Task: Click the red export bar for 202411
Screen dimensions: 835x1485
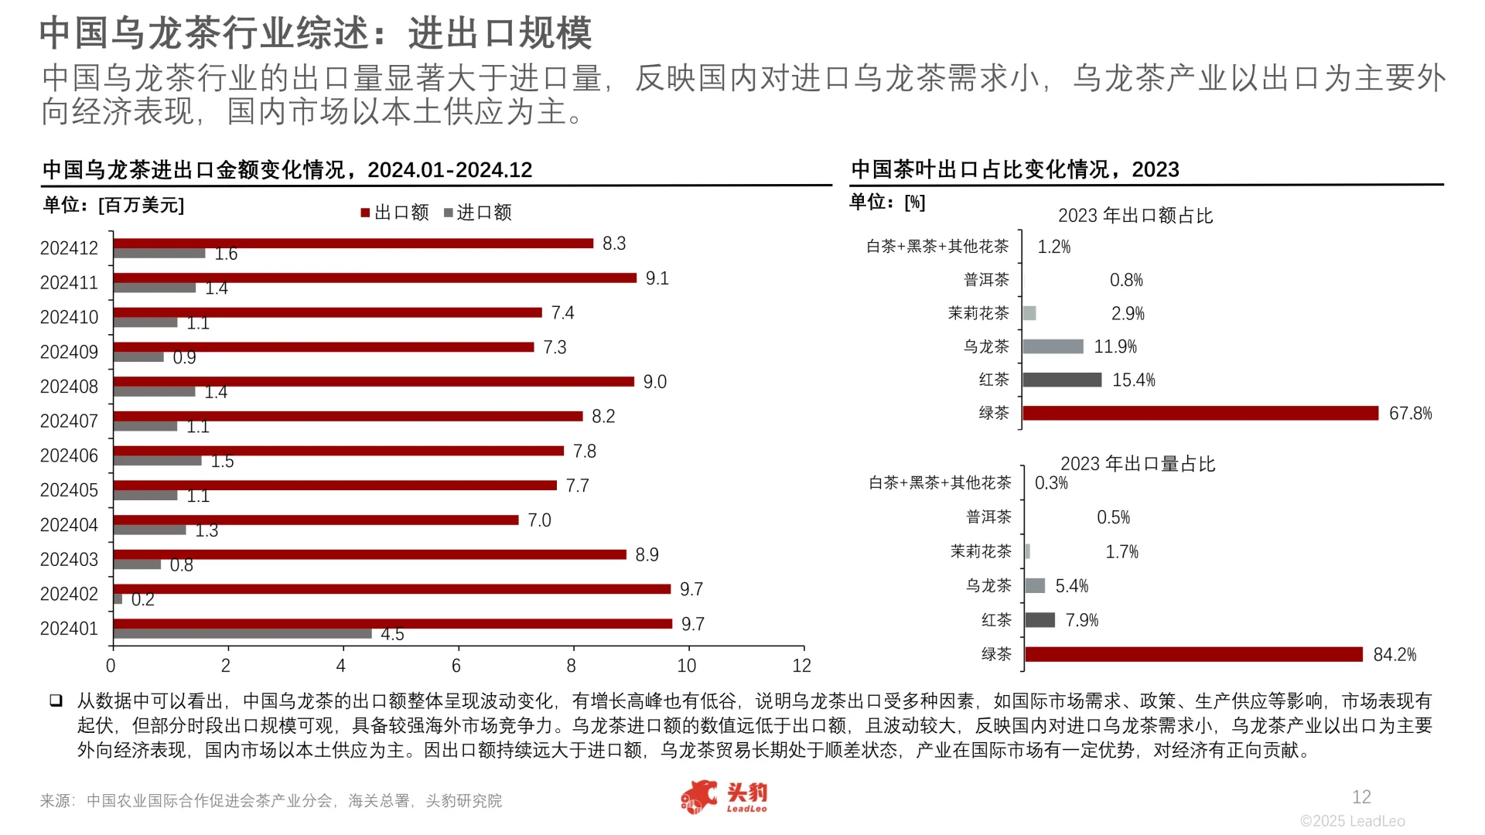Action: pos(374,278)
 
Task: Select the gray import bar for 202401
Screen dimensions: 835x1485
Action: pos(242,634)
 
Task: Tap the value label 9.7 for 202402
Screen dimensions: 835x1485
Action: pos(691,589)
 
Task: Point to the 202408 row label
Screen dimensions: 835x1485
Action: pos(69,387)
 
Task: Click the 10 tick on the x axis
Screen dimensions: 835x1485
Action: pos(686,666)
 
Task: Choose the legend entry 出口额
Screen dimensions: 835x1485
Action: pos(394,213)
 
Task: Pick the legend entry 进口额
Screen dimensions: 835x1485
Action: pos(477,213)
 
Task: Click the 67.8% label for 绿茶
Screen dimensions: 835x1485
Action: pos(1410,414)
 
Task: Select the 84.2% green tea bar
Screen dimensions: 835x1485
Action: pos(1193,654)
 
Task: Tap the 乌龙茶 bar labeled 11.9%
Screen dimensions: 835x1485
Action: pos(1053,346)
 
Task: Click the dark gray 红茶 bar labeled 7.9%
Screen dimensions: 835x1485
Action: pos(1039,620)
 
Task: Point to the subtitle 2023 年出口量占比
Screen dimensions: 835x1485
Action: pos(1137,464)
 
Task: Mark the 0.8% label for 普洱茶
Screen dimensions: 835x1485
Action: pos(1125,280)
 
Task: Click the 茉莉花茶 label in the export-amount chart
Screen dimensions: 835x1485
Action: pos(978,313)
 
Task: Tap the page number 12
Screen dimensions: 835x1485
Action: pos(1361,797)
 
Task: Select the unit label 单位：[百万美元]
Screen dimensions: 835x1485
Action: pos(114,206)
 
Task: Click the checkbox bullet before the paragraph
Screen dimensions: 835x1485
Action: pos(56,700)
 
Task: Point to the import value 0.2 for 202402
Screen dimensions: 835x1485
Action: pos(142,599)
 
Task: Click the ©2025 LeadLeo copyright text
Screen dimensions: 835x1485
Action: pos(1352,821)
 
